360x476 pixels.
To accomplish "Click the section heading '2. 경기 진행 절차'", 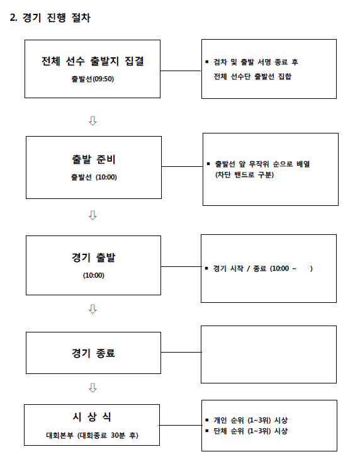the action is pyautogui.click(x=50, y=18).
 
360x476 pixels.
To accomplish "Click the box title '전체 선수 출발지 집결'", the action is pyautogui.click(x=93, y=61).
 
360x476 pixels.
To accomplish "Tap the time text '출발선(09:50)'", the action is pyautogui.click(x=93, y=79).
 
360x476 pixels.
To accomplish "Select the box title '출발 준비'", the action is pyautogui.click(x=94, y=159).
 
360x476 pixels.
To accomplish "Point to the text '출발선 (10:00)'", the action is pyautogui.click(x=94, y=177).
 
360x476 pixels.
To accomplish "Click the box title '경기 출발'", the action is pyautogui.click(x=94, y=258).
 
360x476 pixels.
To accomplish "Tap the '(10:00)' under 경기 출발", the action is pyautogui.click(x=94, y=275).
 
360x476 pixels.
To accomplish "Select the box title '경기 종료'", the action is pyautogui.click(x=94, y=353).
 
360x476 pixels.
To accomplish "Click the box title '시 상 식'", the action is pyautogui.click(x=92, y=417).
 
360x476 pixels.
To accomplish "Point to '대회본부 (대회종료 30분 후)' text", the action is pyautogui.click(x=92, y=435).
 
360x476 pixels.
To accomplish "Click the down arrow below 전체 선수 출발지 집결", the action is pyautogui.click(x=93, y=121).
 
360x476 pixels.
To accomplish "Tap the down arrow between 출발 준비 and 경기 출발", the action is pyautogui.click(x=93, y=215).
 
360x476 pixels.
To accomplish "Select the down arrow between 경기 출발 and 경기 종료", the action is pyautogui.click(x=93, y=309).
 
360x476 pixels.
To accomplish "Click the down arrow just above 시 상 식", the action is pyautogui.click(x=93, y=388).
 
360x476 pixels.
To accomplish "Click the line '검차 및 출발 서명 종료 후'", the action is pyautogui.click(x=256, y=62).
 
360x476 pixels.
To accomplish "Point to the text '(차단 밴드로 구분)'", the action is pyautogui.click(x=245, y=175).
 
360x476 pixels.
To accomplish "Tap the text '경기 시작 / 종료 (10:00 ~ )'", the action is pyautogui.click(x=263, y=268).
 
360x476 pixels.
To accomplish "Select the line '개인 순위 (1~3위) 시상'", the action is pyautogui.click(x=250, y=420).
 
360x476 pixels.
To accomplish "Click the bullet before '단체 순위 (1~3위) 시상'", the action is pyautogui.click(x=207, y=431).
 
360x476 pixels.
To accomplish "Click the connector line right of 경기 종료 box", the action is pyautogui.click(x=181, y=352).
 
